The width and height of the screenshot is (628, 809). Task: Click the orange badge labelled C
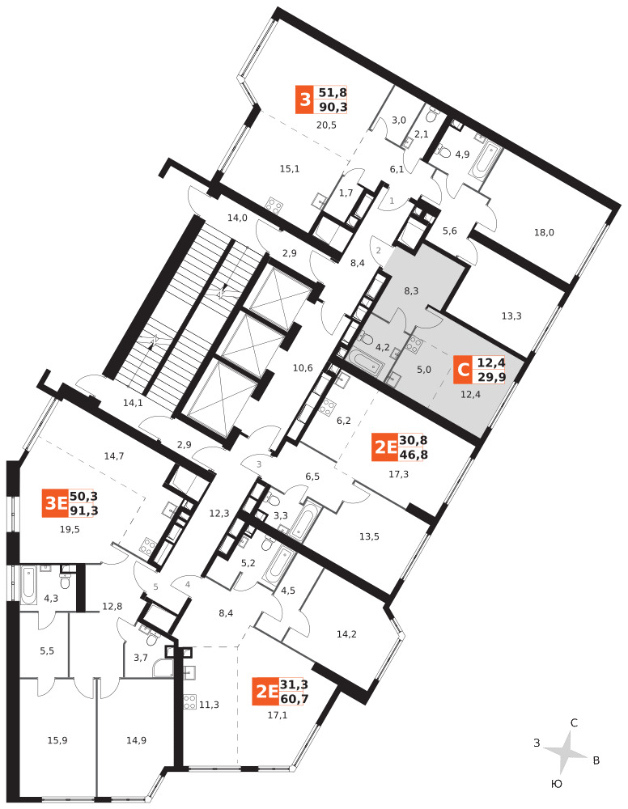(463, 370)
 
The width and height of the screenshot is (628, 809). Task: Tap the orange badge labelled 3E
(55, 503)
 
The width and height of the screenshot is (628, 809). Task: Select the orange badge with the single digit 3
(305, 99)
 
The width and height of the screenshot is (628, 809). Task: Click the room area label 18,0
(544, 232)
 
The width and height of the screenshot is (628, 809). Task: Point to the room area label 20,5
(326, 125)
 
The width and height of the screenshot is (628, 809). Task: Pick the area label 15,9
(57, 740)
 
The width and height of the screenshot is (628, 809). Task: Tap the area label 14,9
(136, 740)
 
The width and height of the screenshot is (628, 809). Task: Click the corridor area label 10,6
(303, 368)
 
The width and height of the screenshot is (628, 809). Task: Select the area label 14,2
(346, 634)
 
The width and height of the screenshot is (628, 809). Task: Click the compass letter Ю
(556, 784)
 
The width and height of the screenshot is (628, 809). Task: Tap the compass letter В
(596, 760)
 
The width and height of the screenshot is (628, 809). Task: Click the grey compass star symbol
(566, 752)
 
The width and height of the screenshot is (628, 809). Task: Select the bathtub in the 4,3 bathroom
(29, 584)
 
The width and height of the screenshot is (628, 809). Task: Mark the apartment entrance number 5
(155, 587)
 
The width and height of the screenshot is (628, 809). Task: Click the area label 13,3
(511, 316)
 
